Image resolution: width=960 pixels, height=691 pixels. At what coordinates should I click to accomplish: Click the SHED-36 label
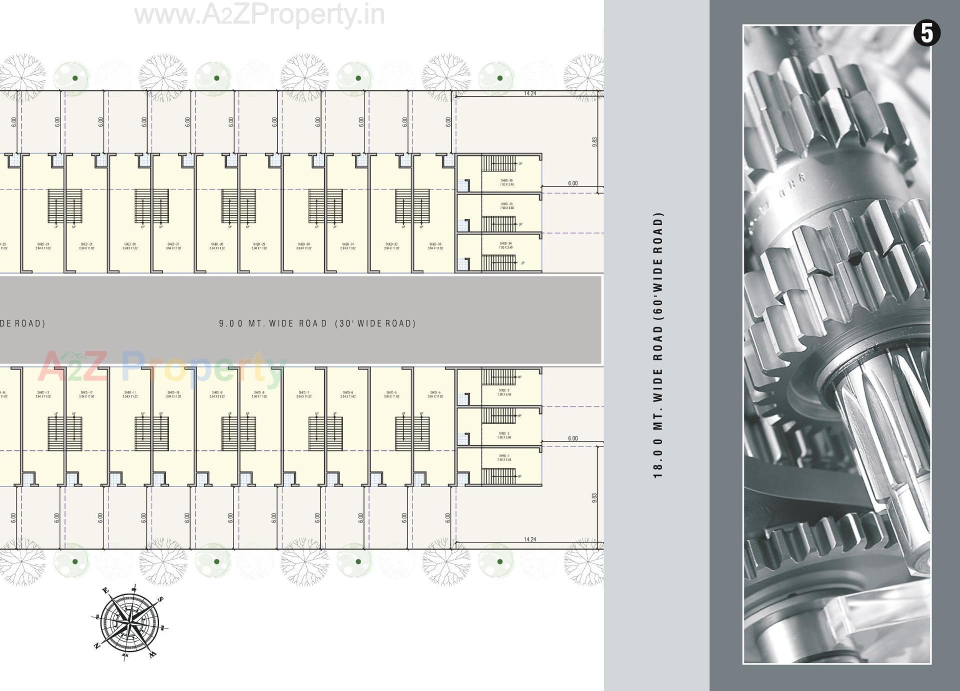[x=506, y=180]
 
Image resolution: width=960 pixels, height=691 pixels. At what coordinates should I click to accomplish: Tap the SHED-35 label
[x=506, y=204]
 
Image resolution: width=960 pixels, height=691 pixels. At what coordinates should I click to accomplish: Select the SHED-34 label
[x=506, y=243]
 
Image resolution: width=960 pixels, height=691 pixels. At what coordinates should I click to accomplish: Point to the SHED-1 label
[x=504, y=456]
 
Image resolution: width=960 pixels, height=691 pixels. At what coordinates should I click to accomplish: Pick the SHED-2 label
[x=504, y=433]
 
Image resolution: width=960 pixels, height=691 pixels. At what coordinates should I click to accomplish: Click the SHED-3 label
[x=504, y=390]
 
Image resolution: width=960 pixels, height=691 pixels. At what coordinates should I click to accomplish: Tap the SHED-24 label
[x=43, y=244]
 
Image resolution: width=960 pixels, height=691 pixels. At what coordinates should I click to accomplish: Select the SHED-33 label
[x=435, y=244]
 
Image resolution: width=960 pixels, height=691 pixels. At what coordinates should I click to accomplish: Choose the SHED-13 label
[x=43, y=392]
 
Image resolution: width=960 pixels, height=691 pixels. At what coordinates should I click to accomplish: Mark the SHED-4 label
[x=435, y=392]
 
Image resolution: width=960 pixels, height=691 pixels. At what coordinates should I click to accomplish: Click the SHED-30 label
[x=304, y=244]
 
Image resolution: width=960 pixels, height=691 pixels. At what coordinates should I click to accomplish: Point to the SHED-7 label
[x=303, y=392]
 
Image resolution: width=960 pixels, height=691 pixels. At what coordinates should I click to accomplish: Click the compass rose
[x=129, y=622]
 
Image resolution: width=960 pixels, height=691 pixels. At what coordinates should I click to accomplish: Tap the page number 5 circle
[x=927, y=33]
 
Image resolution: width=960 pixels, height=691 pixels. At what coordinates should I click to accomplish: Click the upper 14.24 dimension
[x=530, y=93]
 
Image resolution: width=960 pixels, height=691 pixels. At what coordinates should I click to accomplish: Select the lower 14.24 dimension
[x=530, y=539]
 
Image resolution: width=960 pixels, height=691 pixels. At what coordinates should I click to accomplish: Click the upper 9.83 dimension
[x=594, y=142]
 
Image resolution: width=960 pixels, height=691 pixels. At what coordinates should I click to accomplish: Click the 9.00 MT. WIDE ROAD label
[x=317, y=323]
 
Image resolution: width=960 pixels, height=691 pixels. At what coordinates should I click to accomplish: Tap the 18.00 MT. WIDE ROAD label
[x=658, y=345]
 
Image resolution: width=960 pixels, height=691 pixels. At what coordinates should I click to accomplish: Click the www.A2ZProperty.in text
[x=259, y=15]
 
